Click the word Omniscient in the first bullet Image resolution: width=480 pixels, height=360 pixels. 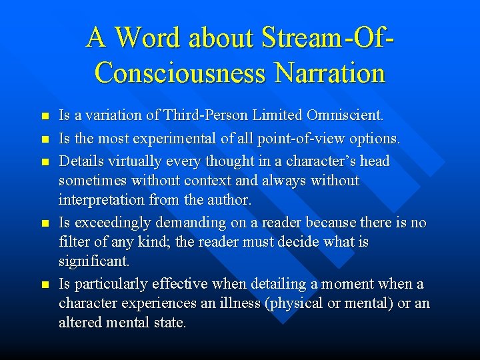click(345, 115)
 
